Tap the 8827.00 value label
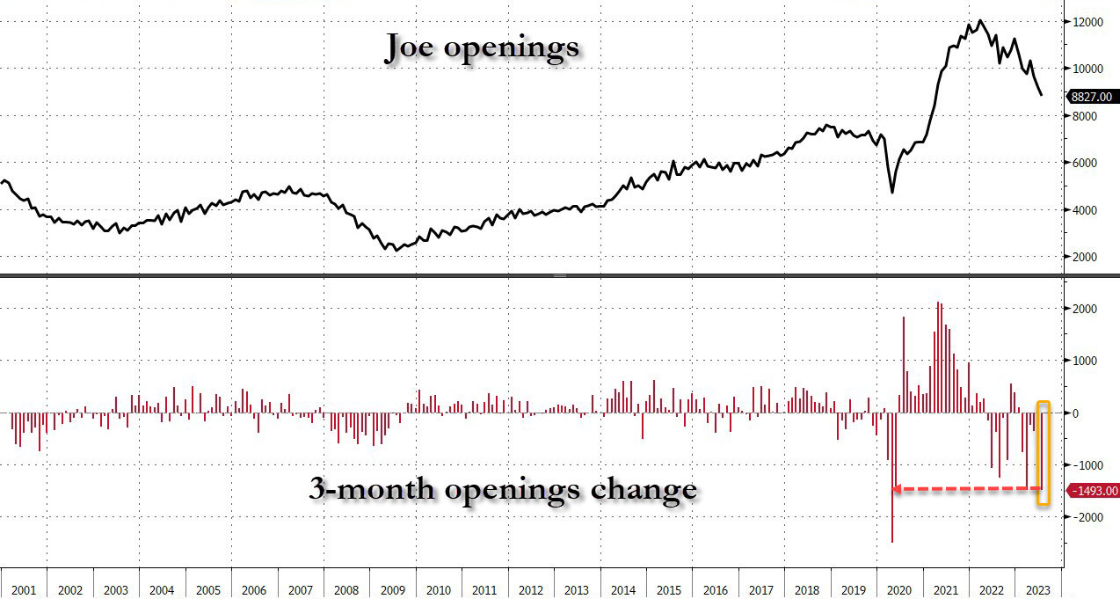pyautogui.click(x=1091, y=98)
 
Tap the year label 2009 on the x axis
pyautogui.click(x=392, y=590)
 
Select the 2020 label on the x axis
pyautogui.click(x=899, y=590)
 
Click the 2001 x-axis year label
pyautogui.click(x=24, y=590)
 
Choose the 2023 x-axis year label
pyautogui.click(x=1037, y=590)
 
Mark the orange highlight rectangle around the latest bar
pyautogui.click(x=1044, y=453)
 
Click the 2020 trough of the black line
pyautogui.click(x=892, y=192)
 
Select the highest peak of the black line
pyautogui.click(x=979, y=20)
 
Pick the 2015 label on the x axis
pyautogui.click(x=668, y=590)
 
